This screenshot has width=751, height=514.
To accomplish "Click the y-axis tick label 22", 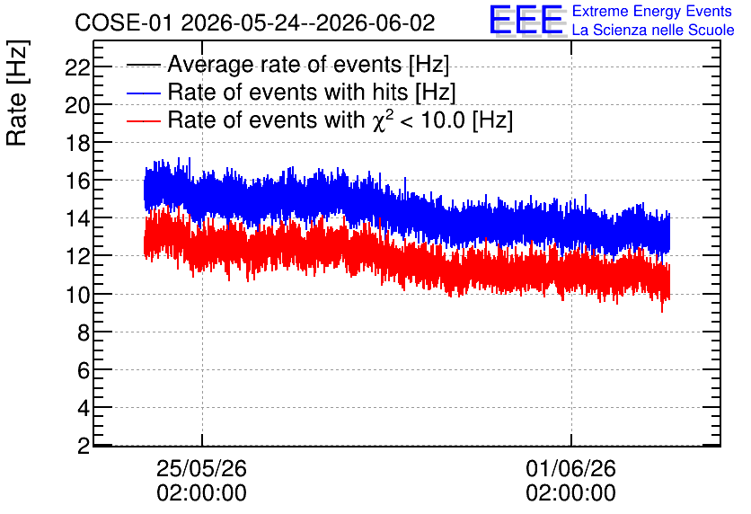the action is coord(77,67).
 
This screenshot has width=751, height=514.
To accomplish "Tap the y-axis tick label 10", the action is coord(77,295).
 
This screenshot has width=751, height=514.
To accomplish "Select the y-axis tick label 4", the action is coord(84,409).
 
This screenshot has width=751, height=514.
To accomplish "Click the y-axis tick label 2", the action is coord(84,447).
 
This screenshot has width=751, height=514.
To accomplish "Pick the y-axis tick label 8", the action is coord(84,332).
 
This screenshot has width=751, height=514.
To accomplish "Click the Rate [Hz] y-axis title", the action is coord(17,93).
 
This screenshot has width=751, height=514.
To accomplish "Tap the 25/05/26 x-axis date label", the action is coord(201,468).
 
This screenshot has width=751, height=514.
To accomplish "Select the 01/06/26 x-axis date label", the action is coord(571,468).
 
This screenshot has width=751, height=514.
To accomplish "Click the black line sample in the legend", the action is coord(143,65).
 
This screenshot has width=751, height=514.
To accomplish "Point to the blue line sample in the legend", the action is coord(143,93).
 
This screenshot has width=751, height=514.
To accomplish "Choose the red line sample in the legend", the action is coord(143,120).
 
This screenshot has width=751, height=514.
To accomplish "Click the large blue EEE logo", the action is coord(526,20).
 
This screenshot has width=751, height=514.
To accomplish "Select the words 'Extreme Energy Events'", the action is coord(652,11).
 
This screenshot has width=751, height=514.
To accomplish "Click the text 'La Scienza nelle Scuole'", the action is coord(653,30).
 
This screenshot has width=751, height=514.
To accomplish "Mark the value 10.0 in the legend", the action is coord(442,120).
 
